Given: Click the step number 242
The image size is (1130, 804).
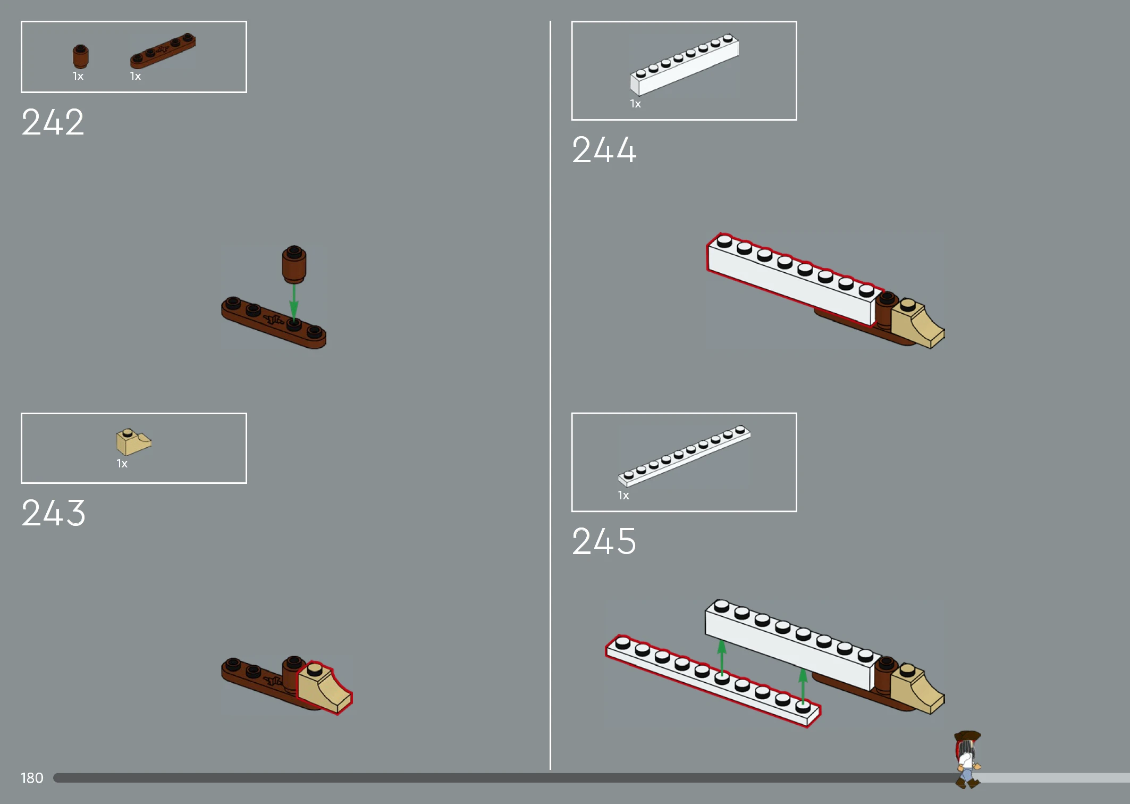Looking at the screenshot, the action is (53, 122).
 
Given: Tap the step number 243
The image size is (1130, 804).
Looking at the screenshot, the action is (53, 513).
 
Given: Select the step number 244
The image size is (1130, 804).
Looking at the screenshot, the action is (604, 149).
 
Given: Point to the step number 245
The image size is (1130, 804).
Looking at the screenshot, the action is (604, 541).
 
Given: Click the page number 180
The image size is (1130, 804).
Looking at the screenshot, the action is (32, 778).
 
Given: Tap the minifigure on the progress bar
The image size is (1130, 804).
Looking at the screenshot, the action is (967, 759).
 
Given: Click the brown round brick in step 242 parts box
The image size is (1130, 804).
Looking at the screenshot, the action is (80, 57).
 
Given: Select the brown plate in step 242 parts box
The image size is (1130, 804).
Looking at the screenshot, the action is (163, 51).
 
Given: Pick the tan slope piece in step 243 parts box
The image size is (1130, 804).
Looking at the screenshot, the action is (133, 442).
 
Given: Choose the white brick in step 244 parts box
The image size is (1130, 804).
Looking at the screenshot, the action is (684, 65).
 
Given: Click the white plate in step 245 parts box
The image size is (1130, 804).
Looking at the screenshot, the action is (684, 456).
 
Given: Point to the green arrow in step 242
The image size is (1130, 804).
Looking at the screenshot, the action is (293, 301).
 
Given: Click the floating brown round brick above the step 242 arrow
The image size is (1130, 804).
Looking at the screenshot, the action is (294, 264).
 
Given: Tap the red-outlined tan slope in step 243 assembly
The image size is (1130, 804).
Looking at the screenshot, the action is (324, 688).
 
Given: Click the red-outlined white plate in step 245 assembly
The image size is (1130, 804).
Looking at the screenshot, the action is (713, 681).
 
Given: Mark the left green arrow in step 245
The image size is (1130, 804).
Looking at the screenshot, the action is (722, 658).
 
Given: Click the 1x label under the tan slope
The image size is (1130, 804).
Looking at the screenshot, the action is (122, 464).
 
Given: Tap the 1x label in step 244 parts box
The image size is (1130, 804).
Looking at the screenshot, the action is (636, 104).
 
